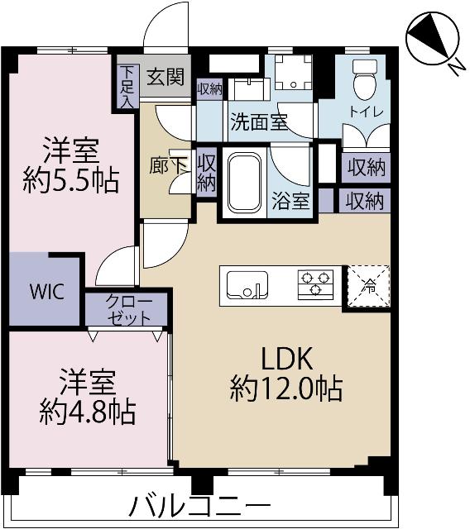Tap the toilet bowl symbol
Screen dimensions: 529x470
[x=364, y=80]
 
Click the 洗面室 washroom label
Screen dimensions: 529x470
[x=258, y=122]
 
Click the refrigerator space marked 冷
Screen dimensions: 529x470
[x=366, y=287]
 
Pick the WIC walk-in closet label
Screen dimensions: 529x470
[x=43, y=293]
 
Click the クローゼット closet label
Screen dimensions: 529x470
[x=128, y=309]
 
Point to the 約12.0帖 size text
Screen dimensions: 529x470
[x=286, y=388]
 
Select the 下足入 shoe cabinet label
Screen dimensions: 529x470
[x=126, y=87]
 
